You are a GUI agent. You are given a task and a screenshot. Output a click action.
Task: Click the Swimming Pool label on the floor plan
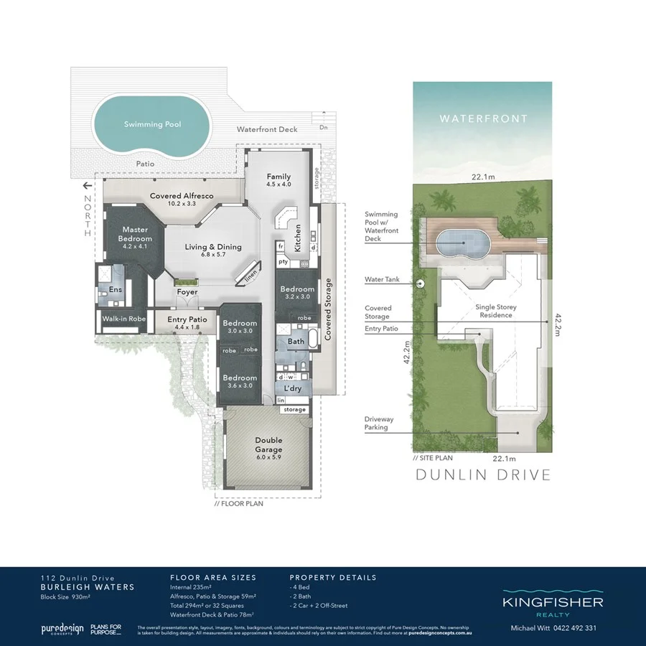coord(152,124)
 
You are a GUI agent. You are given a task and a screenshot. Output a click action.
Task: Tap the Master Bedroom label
coord(135,234)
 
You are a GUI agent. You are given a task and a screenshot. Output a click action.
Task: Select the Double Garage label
coord(268,445)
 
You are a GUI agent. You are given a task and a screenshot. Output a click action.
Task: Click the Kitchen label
coord(297,238)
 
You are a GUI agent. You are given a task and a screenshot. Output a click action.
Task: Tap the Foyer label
coord(187,292)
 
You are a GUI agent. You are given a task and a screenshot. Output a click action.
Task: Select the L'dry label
coord(292,388)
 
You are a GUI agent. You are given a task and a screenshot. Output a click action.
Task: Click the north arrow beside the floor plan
coord(88,184)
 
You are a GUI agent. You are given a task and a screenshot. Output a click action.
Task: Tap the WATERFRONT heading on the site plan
coord(483,118)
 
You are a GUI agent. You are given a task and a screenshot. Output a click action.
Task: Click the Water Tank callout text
coord(381,280)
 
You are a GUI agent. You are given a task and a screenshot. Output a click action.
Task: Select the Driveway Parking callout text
coord(376,423)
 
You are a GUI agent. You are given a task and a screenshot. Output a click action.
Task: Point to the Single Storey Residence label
coord(496,312)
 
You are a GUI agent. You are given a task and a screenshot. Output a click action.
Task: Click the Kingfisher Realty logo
coord(552,604)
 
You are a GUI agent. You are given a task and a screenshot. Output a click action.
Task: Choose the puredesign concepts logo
coord(60,629)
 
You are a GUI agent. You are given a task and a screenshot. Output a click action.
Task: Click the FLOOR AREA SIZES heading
coord(212,577)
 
